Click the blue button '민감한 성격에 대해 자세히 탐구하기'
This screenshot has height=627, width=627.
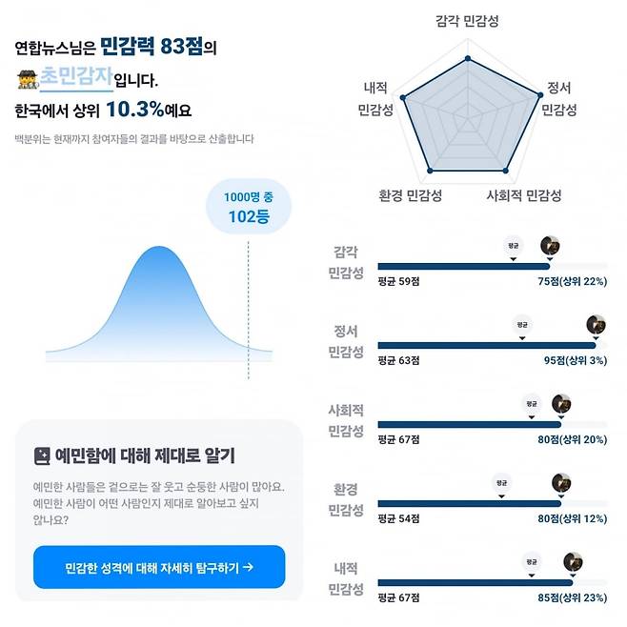[159, 567]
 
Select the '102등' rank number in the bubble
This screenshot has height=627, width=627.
[248, 216]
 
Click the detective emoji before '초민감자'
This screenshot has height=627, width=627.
[27, 79]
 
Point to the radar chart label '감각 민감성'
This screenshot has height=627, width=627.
[466, 20]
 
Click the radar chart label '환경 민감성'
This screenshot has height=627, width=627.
[410, 196]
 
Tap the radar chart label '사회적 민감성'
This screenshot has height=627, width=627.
[524, 196]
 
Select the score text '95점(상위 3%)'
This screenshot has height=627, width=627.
[572, 361]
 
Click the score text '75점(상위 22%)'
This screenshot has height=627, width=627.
[572, 281]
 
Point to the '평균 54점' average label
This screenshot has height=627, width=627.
[398, 519]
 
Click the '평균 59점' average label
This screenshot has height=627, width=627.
[398, 281]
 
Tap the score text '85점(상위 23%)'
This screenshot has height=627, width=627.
[572, 598]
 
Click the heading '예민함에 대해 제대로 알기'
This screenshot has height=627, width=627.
[146, 455]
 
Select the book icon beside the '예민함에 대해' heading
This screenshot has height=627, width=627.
[42, 455]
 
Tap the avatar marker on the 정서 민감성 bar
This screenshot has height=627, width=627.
[596, 325]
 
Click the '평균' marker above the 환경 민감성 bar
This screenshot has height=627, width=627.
[500, 484]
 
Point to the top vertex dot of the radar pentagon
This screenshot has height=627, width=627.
[467, 58]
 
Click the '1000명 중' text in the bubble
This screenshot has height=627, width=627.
[248, 196]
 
